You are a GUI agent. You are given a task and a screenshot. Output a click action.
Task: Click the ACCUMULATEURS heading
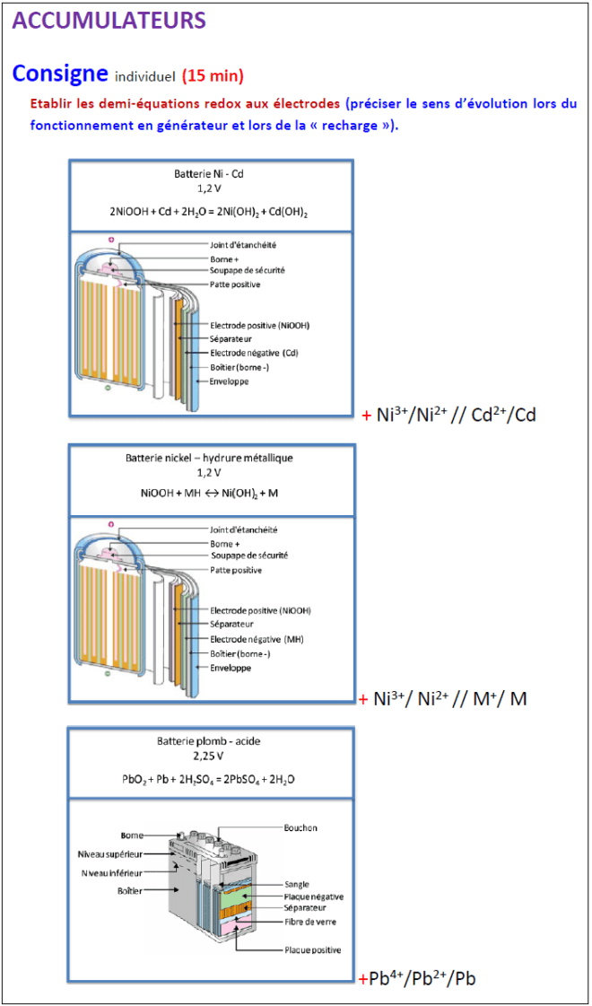click(x=109, y=20)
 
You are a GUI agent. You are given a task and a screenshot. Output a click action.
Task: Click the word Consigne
click(x=60, y=73)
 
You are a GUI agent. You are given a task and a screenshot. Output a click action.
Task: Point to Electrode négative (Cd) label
click(x=254, y=353)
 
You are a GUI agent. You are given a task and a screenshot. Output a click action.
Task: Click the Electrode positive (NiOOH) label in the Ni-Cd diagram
click(x=260, y=325)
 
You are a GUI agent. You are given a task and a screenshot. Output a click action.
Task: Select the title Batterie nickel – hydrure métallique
click(x=208, y=458)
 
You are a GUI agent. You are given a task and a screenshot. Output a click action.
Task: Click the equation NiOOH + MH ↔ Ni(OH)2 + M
click(x=208, y=493)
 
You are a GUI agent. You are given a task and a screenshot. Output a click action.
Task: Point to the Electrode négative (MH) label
click(x=255, y=639)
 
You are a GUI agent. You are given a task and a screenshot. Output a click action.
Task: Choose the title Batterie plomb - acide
click(x=208, y=741)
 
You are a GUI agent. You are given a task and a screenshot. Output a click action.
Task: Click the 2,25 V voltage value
click(x=208, y=757)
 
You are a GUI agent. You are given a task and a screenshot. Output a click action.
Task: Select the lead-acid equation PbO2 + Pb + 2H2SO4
click(x=208, y=779)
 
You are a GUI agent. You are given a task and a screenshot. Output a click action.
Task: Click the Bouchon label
click(x=300, y=827)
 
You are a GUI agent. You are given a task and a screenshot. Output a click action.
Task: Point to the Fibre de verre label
click(x=309, y=922)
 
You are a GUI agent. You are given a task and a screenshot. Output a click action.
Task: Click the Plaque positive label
click(x=312, y=949)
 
